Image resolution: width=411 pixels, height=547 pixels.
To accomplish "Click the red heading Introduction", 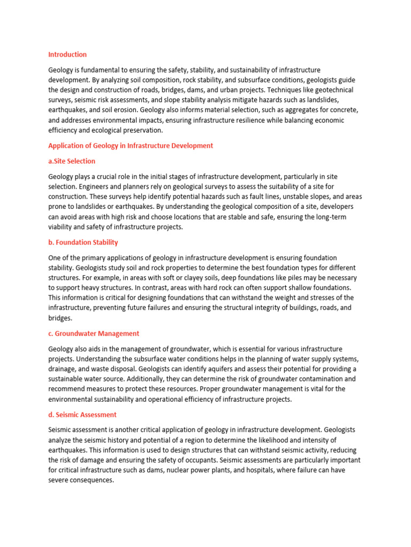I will [x=67, y=54].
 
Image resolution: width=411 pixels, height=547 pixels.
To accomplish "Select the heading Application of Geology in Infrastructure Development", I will [x=131, y=145].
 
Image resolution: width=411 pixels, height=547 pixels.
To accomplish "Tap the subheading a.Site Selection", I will [x=72, y=161].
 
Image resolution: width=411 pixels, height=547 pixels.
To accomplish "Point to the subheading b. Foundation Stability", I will [x=83, y=243].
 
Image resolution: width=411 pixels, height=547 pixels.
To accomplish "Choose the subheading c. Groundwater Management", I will [x=94, y=333].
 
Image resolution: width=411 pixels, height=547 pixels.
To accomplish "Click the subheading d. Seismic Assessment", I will [x=82, y=415].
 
